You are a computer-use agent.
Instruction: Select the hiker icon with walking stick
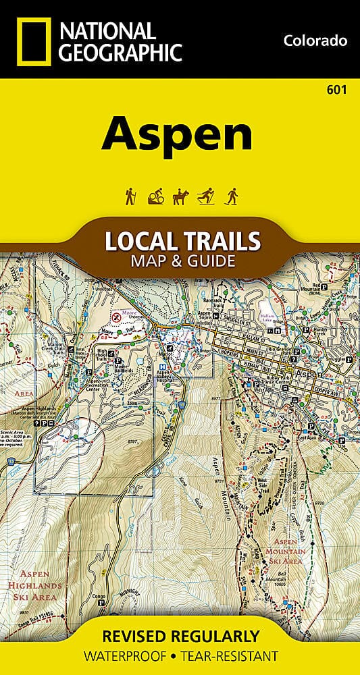130,196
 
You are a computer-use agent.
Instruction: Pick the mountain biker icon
154,196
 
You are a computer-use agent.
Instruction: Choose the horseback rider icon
179,196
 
